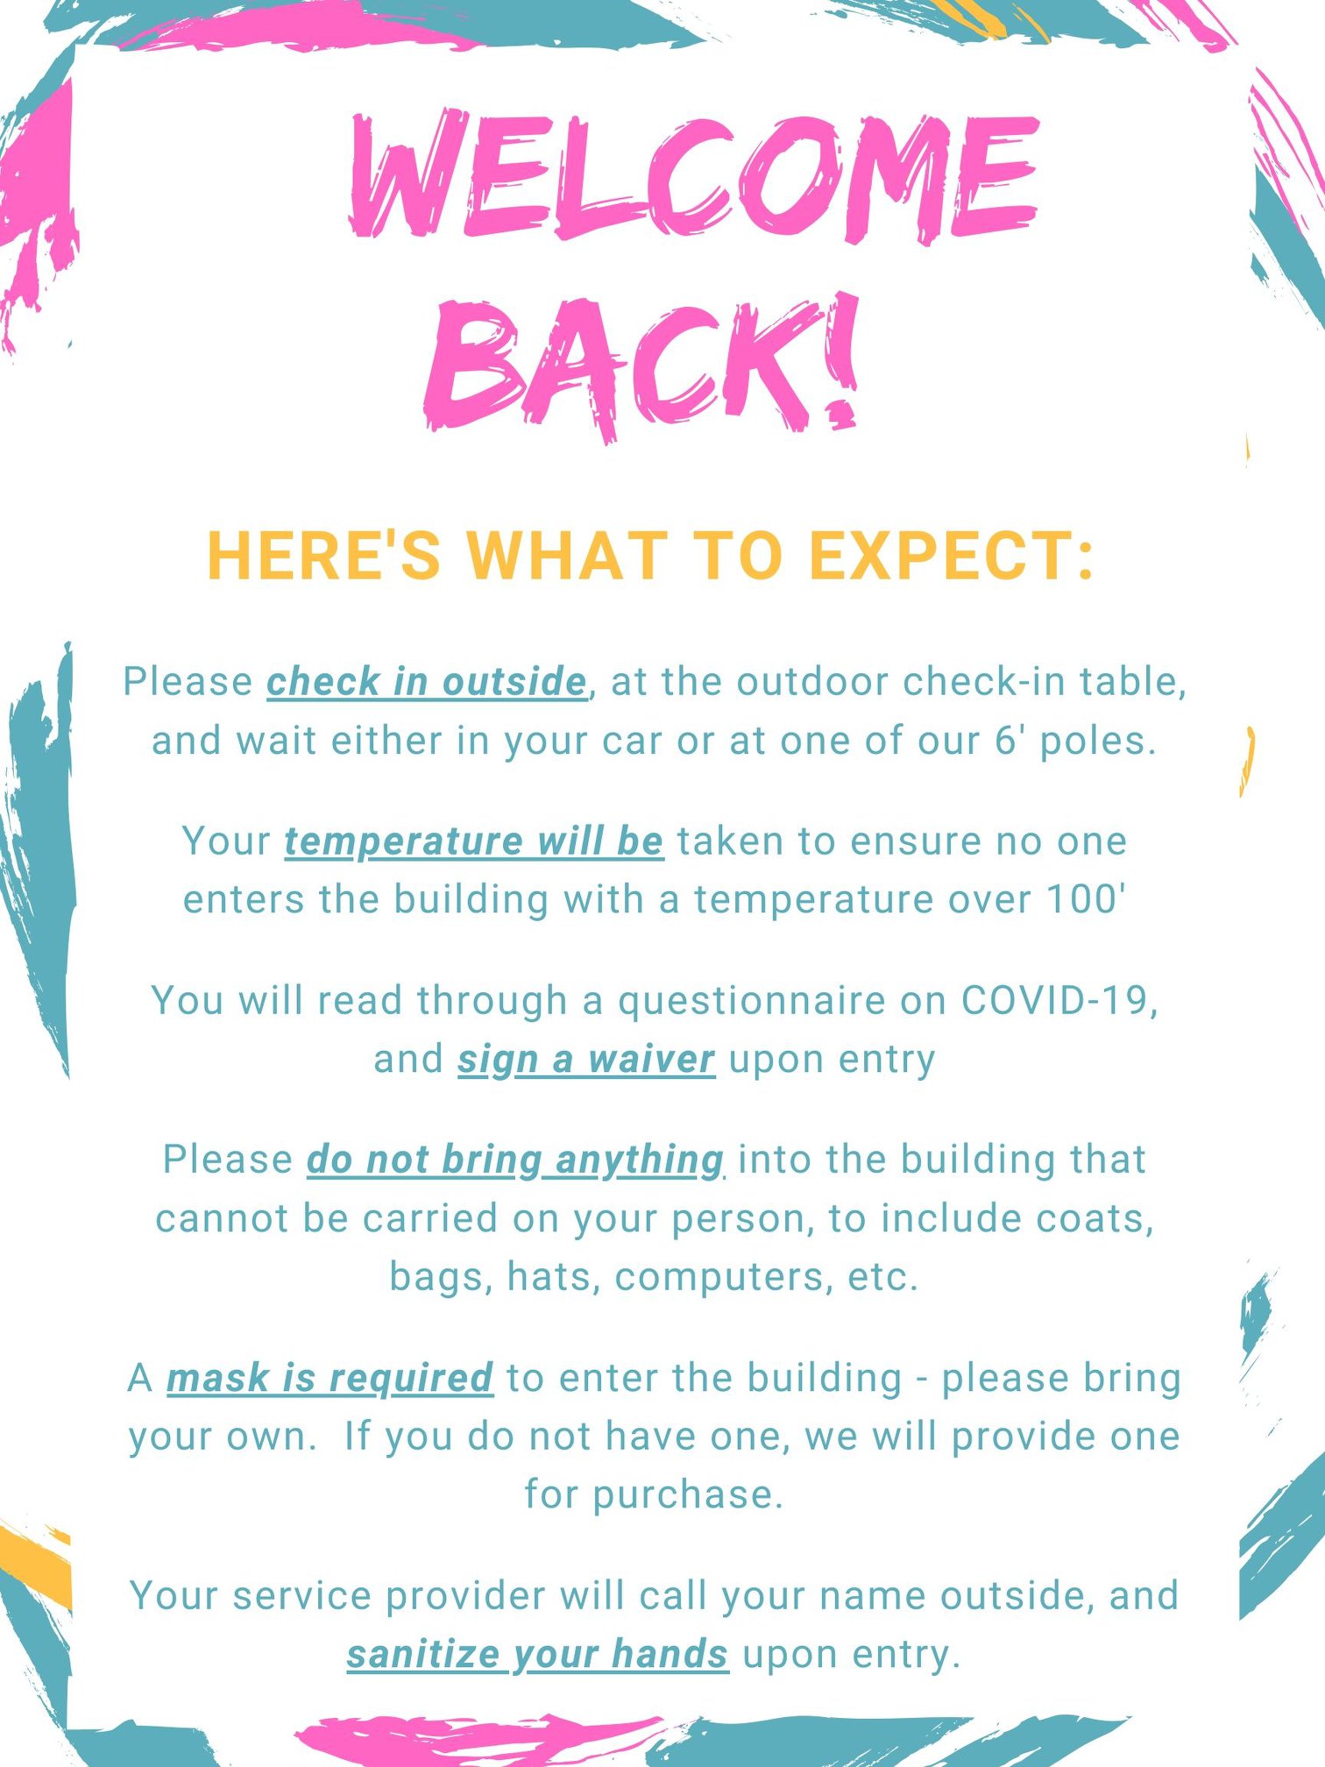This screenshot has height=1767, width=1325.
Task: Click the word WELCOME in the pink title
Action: pos(695,175)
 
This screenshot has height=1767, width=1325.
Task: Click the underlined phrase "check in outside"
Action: pos(427,682)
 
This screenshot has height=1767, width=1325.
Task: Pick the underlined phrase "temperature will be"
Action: pos(474,841)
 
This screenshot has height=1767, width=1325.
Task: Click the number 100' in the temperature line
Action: pos(1086,898)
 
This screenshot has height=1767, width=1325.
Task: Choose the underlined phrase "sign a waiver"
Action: pos(586,1059)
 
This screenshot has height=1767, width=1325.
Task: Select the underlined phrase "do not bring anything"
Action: pos(515,1160)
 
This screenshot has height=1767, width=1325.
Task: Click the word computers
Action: pos(719,1277)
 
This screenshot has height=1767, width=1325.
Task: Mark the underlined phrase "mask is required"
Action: pos(329,1378)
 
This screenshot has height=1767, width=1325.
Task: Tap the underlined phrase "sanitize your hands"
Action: pos(537,1655)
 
